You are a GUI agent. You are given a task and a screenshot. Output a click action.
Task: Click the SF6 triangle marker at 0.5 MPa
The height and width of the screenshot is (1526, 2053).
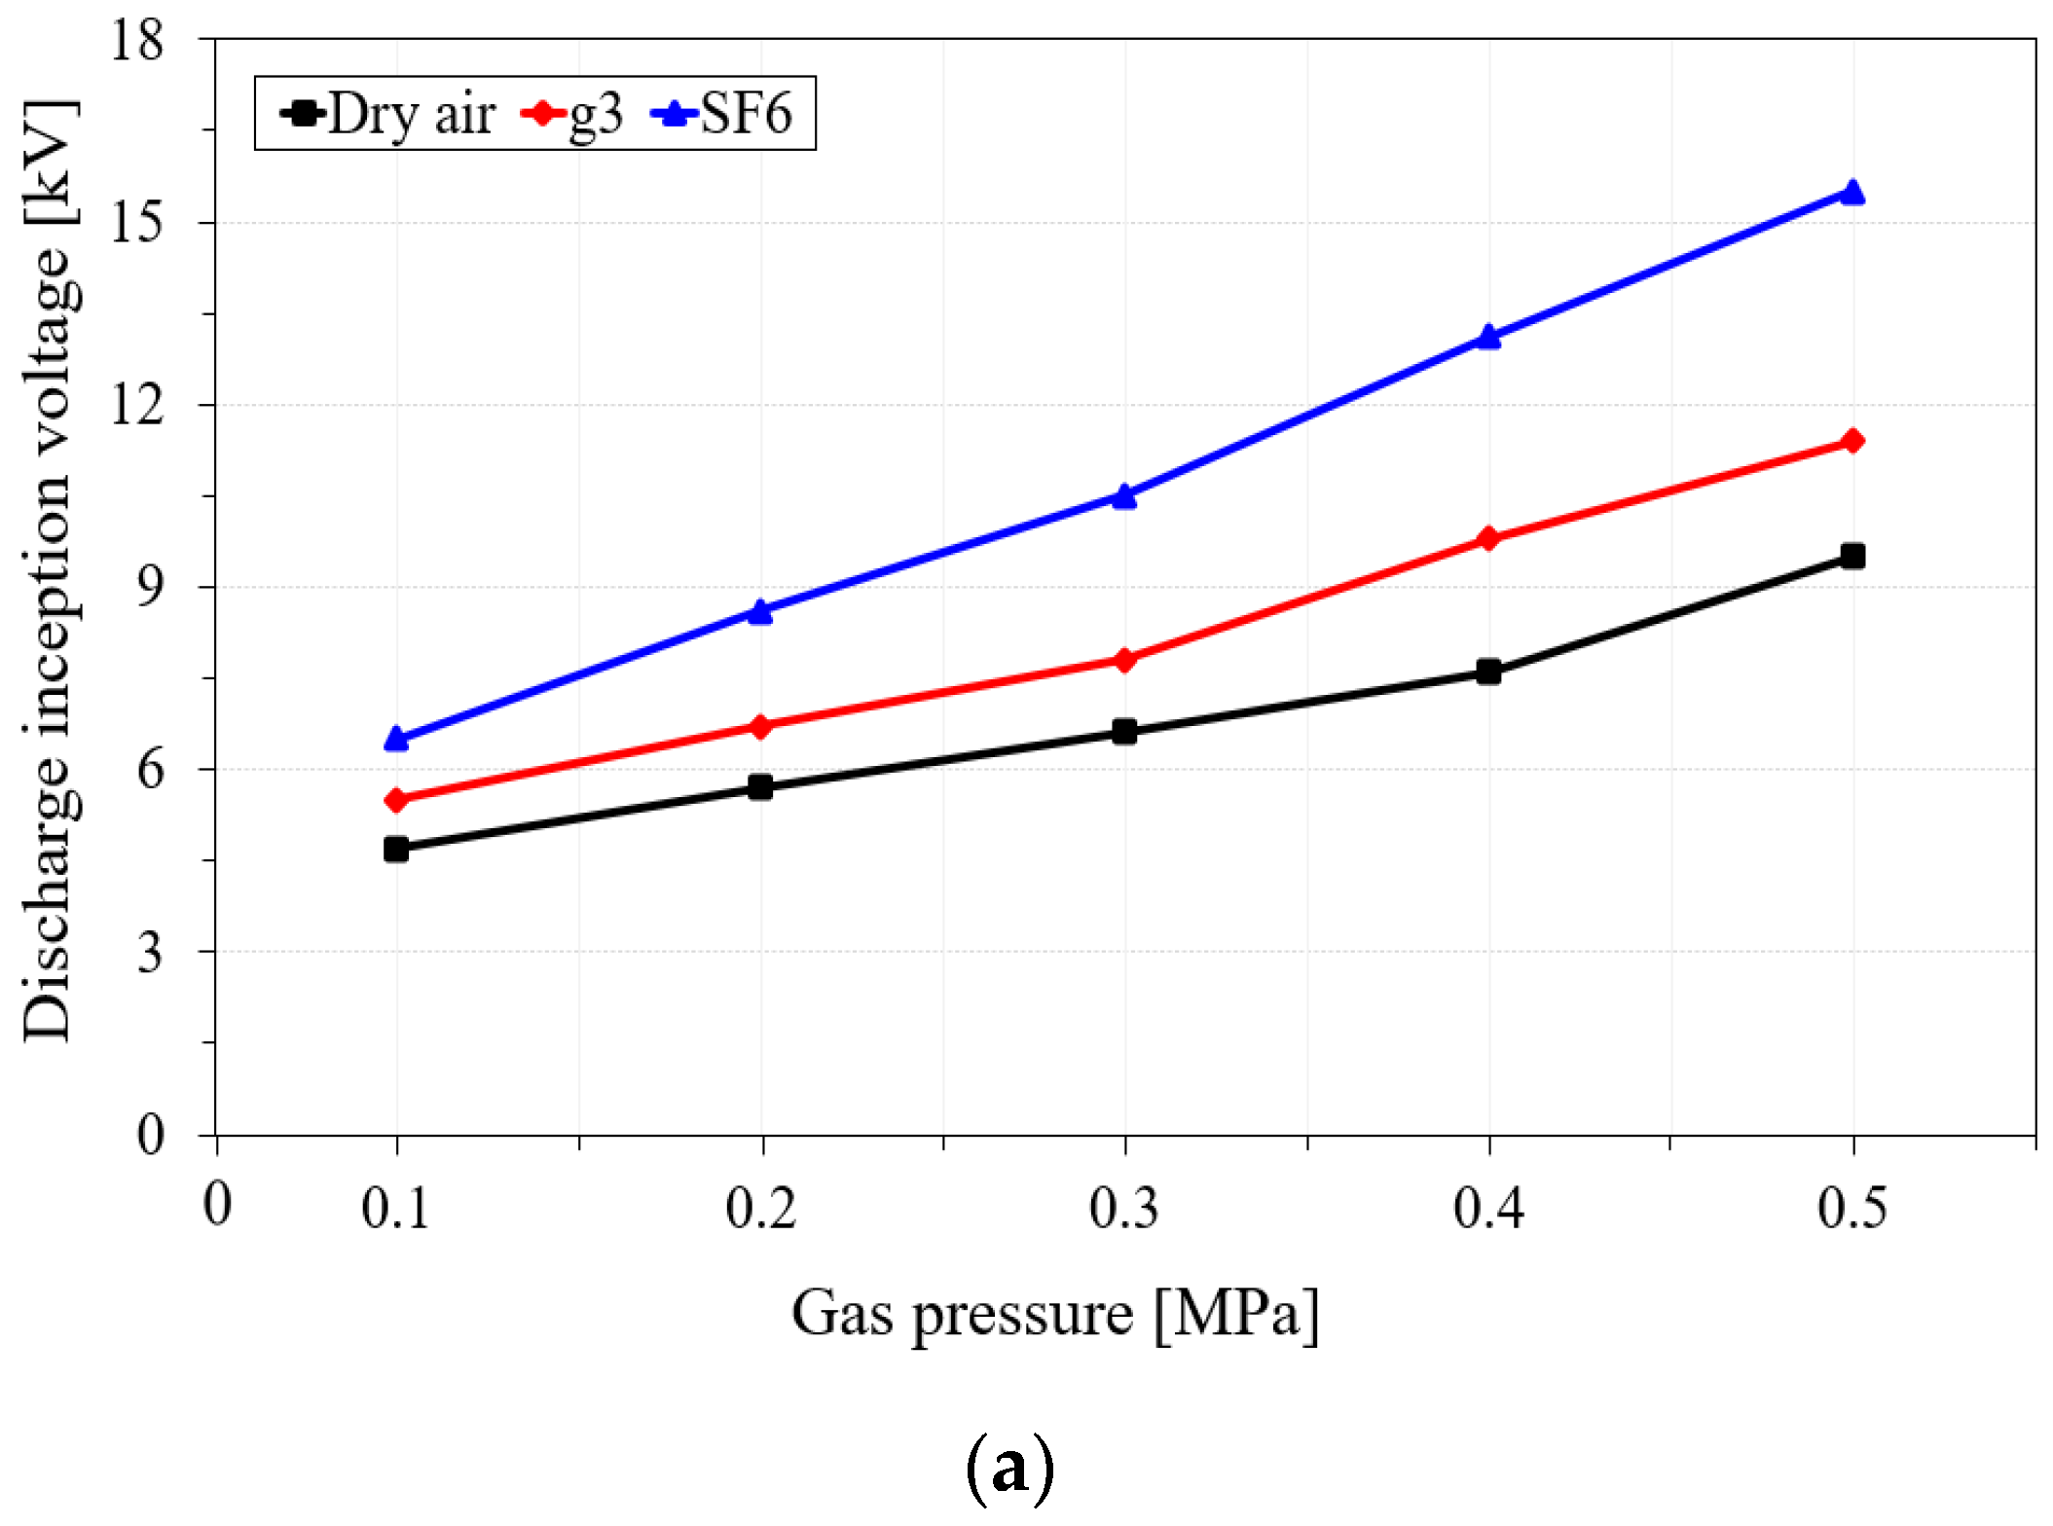tap(1852, 192)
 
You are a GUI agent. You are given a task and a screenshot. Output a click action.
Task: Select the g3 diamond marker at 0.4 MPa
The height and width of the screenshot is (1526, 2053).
tap(1488, 538)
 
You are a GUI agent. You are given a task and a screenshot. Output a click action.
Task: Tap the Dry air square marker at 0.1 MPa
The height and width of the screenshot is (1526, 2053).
tap(396, 849)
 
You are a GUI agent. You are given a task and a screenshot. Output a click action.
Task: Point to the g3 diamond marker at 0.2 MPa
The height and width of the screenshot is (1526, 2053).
tap(760, 726)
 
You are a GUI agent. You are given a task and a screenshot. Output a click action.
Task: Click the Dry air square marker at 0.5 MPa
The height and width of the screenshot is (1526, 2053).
tap(1852, 556)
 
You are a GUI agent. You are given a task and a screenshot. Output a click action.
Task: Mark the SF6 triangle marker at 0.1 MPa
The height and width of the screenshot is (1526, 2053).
tap(396, 739)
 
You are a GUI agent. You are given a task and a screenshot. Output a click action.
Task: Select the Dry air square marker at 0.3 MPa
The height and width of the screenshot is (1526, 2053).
tap(1124, 731)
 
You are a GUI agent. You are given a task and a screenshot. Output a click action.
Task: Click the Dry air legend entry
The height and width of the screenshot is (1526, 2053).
tap(389, 114)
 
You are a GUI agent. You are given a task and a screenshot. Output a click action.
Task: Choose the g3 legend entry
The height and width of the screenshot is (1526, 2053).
tap(574, 114)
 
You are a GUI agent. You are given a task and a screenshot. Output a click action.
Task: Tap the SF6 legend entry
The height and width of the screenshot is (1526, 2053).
tap(725, 114)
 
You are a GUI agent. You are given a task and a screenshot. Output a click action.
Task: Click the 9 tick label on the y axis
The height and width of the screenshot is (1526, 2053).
tap(149, 587)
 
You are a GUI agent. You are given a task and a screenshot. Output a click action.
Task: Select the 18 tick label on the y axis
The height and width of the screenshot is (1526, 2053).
tap(135, 41)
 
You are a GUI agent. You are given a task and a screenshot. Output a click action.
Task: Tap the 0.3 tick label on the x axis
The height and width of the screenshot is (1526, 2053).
tap(1123, 1209)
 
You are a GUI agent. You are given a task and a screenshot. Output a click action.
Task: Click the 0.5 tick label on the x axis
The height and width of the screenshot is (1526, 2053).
tap(1851, 1209)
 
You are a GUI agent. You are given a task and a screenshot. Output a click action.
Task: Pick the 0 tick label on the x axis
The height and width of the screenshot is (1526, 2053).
tap(218, 1205)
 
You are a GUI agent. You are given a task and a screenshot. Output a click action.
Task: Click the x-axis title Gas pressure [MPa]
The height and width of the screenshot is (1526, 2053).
tap(1055, 1314)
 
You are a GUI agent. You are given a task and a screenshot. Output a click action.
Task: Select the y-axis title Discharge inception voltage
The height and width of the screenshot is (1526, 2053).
tap(48, 571)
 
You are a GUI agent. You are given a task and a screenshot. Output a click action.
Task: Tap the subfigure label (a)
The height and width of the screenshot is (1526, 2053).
tap(1010, 1468)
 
